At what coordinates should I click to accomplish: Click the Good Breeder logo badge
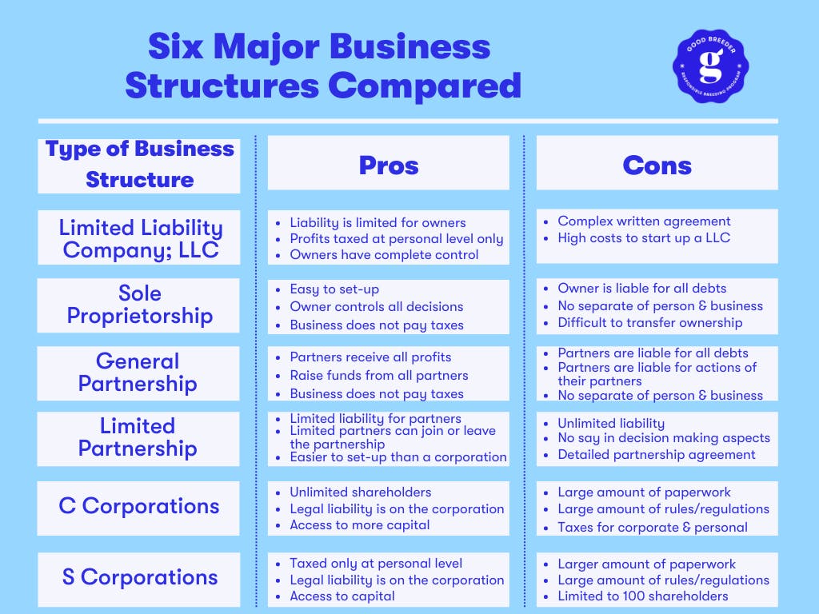pos(710,66)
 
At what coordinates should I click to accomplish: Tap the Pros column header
pos(389,165)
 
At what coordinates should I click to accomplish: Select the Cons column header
pos(657,165)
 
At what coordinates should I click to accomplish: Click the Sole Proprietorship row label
pos(139,305)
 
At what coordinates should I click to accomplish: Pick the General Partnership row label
pos(138,373)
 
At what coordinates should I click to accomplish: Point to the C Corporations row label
pos(139,506)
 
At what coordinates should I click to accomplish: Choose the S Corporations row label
pos(139,577)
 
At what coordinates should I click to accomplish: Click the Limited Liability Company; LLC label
pos(141,238)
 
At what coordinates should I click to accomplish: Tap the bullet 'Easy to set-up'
pos(334,289)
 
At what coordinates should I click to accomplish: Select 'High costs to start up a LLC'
pos(644,237)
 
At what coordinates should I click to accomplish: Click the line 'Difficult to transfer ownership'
pos(649,323)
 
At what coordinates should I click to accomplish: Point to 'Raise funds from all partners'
pos(378,376)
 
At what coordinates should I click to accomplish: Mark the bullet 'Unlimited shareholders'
pos(361,492)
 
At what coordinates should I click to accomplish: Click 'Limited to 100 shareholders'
pos(642,596)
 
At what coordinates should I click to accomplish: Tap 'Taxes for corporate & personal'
pos(653,528)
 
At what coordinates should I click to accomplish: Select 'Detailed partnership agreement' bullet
pos(656,455)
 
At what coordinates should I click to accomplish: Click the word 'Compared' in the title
pos(425,86)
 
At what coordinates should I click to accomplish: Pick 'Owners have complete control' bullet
pos(384,255)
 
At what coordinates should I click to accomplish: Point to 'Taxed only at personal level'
pos(376,564)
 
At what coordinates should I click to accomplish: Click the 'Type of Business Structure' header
pos(139,164)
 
